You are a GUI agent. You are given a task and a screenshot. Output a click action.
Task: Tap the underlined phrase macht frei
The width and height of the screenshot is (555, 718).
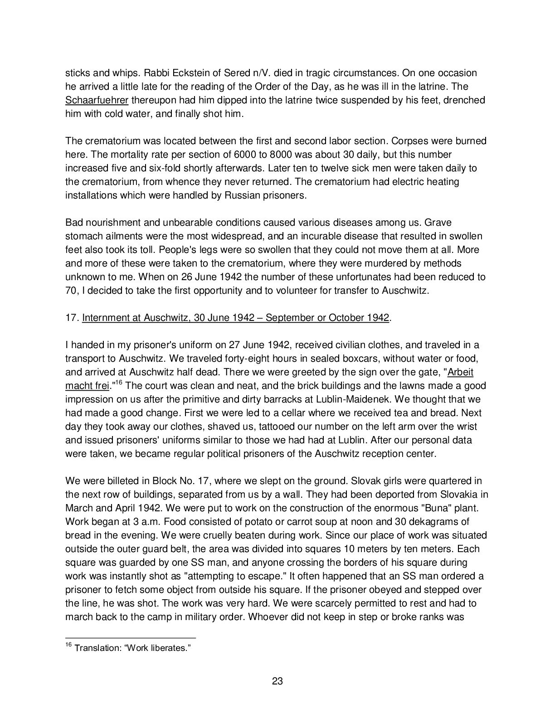(x=87, y=386)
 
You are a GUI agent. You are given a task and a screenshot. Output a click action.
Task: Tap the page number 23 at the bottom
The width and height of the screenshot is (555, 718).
(x=277, y=681)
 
